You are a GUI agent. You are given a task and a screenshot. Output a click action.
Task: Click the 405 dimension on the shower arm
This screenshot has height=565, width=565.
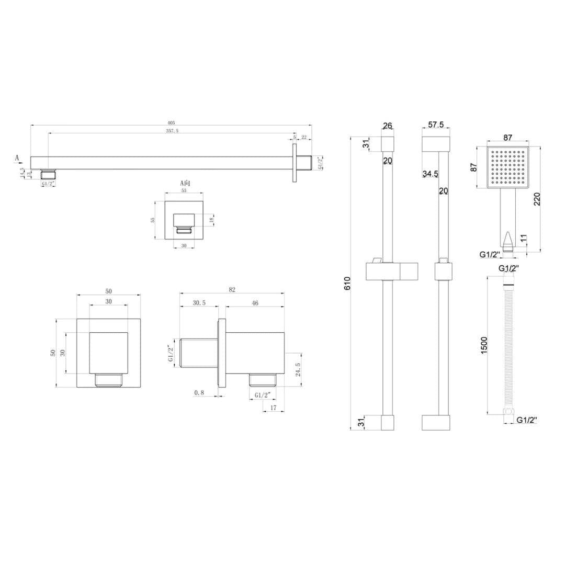171,123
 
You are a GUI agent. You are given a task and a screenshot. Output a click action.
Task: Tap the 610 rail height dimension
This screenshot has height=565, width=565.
347,283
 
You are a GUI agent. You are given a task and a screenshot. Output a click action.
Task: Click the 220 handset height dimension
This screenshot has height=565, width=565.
537,199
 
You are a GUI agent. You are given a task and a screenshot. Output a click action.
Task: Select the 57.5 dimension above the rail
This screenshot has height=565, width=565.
436,125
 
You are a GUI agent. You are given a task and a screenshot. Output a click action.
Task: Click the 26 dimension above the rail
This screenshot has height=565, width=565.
387,126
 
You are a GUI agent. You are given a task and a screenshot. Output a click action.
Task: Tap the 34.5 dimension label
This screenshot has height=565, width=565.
430,174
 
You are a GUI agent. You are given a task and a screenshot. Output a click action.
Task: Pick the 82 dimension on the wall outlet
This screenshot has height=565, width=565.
232,289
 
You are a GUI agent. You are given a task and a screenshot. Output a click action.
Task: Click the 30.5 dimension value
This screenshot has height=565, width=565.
199,303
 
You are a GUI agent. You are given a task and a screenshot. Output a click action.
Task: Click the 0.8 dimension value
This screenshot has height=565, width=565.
199,392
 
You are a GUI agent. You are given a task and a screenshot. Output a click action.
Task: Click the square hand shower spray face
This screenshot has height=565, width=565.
507,167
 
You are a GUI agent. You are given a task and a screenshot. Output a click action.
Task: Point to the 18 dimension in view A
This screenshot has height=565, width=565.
211,220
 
